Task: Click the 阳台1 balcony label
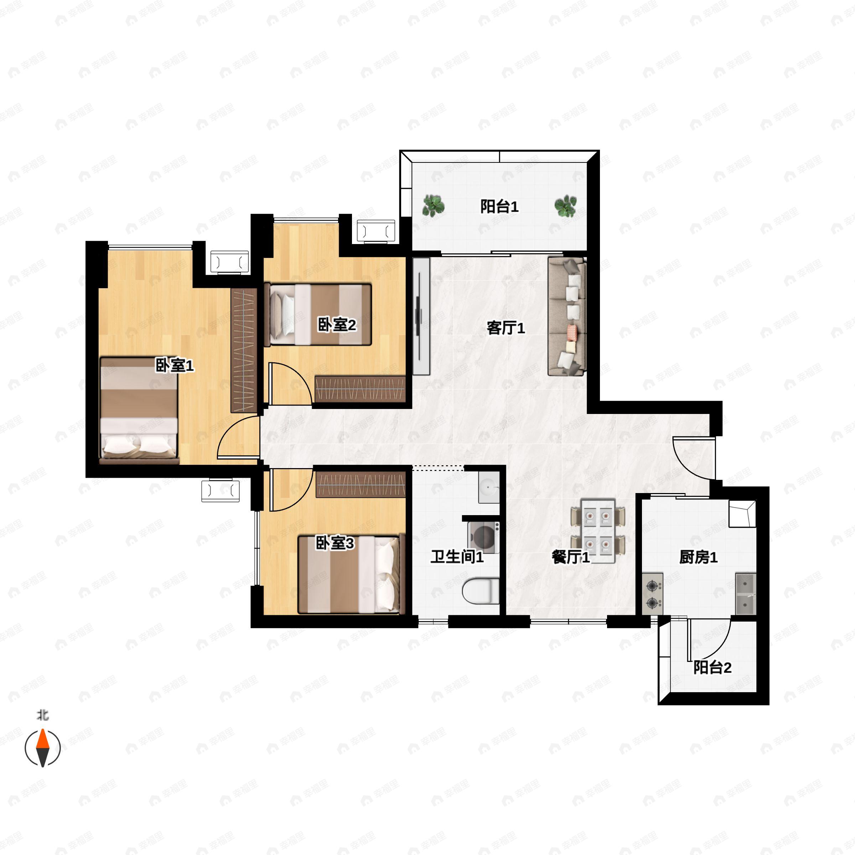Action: point(499,207)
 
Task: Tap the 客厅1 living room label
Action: point(506,328)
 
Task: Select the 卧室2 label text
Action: point(337,325)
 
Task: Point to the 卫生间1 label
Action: point(457,557)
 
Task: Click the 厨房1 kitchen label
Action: point(698,557)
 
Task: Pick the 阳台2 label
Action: point(712,667)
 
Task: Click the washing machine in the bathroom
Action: point(484,537)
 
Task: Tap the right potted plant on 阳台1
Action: point(566,206)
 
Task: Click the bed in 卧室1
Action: point(139,410)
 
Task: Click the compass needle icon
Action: point(42,748)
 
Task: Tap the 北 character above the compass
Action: point(42,715)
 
